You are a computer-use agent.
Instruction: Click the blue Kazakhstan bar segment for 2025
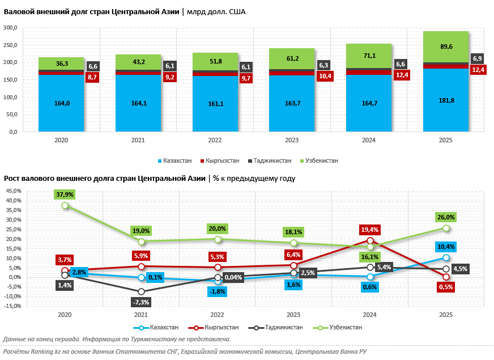point(446,100)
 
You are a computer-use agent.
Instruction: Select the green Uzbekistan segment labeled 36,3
point(61,63)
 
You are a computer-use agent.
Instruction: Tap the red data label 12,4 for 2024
point(402,75)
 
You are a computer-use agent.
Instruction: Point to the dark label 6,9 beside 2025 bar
point(477,58)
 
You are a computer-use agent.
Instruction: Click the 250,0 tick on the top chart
point(10,45)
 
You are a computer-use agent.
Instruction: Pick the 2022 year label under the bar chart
point(215,140)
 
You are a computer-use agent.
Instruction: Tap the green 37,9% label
point(65,194)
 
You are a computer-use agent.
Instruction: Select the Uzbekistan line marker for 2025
point(446,228)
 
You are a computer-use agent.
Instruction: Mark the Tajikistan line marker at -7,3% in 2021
point(141,291)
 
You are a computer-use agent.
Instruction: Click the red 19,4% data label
point(369,230)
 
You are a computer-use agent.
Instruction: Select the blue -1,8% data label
point(217,291)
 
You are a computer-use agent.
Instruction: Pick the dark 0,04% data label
point(233,277)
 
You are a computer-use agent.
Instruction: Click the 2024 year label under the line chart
point(369,315)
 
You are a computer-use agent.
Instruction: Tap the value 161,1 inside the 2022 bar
point(216,104)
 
